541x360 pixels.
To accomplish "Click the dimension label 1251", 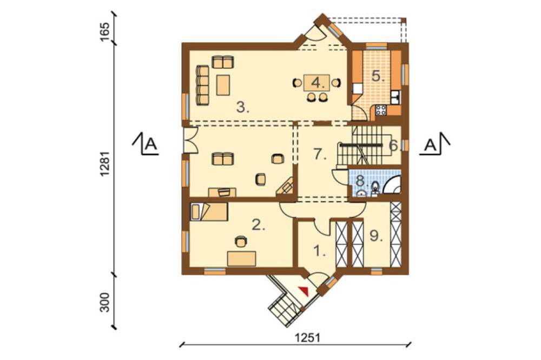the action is click(307, 337).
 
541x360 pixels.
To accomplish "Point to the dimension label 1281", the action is click(105, 163).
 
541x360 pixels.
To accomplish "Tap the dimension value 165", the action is click(105, 32).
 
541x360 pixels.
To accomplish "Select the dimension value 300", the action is click(105, 303).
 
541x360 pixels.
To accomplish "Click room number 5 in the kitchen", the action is click(378, 76).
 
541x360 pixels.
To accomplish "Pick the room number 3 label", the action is click(242, 108).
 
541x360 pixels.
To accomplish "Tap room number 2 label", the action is click(259, 225).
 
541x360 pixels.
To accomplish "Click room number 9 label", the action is click(376, 236).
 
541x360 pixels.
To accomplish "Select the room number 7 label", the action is click(320, 154).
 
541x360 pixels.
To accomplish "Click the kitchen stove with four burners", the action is click(381, 110).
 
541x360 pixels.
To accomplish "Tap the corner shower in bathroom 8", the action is click(393, 185).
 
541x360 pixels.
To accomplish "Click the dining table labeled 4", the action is click(316, 83).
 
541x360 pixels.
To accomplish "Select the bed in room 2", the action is click(209, 211).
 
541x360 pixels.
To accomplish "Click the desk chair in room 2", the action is click(241, 241).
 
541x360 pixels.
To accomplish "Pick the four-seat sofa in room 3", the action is click(202, 85).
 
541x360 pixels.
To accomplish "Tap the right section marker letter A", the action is click(430, 145).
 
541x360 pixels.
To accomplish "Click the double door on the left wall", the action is click(190, 140).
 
